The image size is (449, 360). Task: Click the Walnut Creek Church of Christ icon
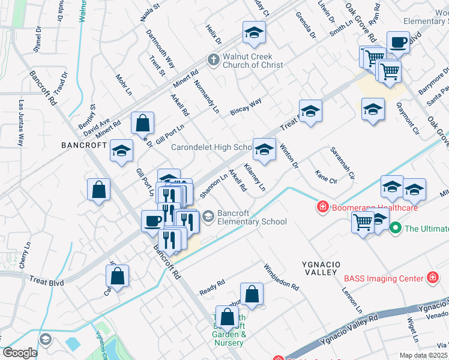(212, 59)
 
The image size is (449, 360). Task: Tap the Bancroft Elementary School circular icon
(208, 216)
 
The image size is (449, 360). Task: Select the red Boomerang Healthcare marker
(322, 207)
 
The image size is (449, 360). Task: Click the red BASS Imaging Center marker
(432, 277)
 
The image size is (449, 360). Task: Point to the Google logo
(20, 353)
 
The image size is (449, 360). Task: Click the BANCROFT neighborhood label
(83, 145)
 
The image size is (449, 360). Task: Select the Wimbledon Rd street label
(281, 277)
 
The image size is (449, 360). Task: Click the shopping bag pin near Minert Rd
(143, 123)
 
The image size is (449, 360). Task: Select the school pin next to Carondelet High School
(264, 149)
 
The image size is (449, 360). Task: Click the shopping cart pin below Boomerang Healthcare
(363, 222)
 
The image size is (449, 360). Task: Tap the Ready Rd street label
(212, 283)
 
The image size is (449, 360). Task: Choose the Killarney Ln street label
(255, 176)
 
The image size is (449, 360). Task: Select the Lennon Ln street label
(352, 299)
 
